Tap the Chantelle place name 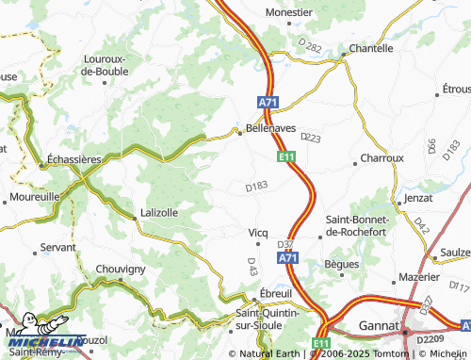click(370, 47)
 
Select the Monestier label click(289, 12)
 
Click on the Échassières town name click(73, 160)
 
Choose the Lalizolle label click(158, 212)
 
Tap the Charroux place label click(382, 158)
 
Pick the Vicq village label click(258, 232)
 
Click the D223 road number click(310, 139)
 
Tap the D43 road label click(252, 267)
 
